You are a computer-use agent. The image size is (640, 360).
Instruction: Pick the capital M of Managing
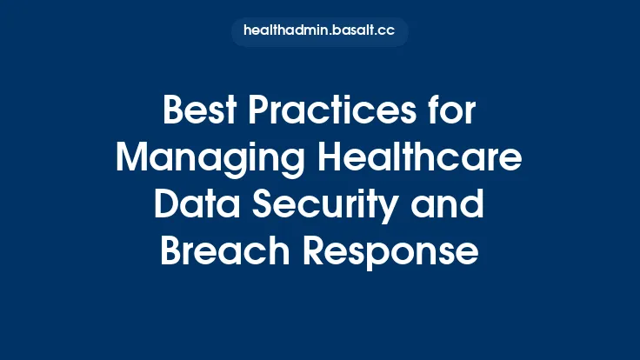(134, 160)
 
